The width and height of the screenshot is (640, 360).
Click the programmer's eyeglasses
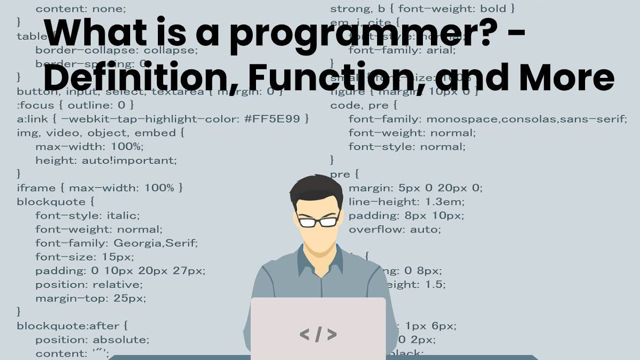tap(318, 221)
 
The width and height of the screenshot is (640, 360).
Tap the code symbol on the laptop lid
tap(318, 334)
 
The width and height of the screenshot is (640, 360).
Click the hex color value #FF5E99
tap(281, 118)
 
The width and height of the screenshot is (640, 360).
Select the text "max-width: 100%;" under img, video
tap(90, 146)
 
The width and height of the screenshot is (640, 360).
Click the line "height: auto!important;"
tap(106, 160)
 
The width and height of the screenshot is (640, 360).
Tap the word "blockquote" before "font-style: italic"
tap(51, 202)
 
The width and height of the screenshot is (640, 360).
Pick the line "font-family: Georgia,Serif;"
tap(116, 243)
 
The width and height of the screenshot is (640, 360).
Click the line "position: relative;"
tap(89, 285)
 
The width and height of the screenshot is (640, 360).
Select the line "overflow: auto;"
tap(395, 230)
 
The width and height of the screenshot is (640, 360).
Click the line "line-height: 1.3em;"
tap(406, 202)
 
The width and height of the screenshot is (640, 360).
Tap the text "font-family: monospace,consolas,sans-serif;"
tap(487, 119)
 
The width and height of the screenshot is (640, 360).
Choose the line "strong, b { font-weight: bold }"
tap(422, 9)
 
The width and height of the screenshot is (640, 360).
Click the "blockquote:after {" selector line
tap(72, 325)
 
